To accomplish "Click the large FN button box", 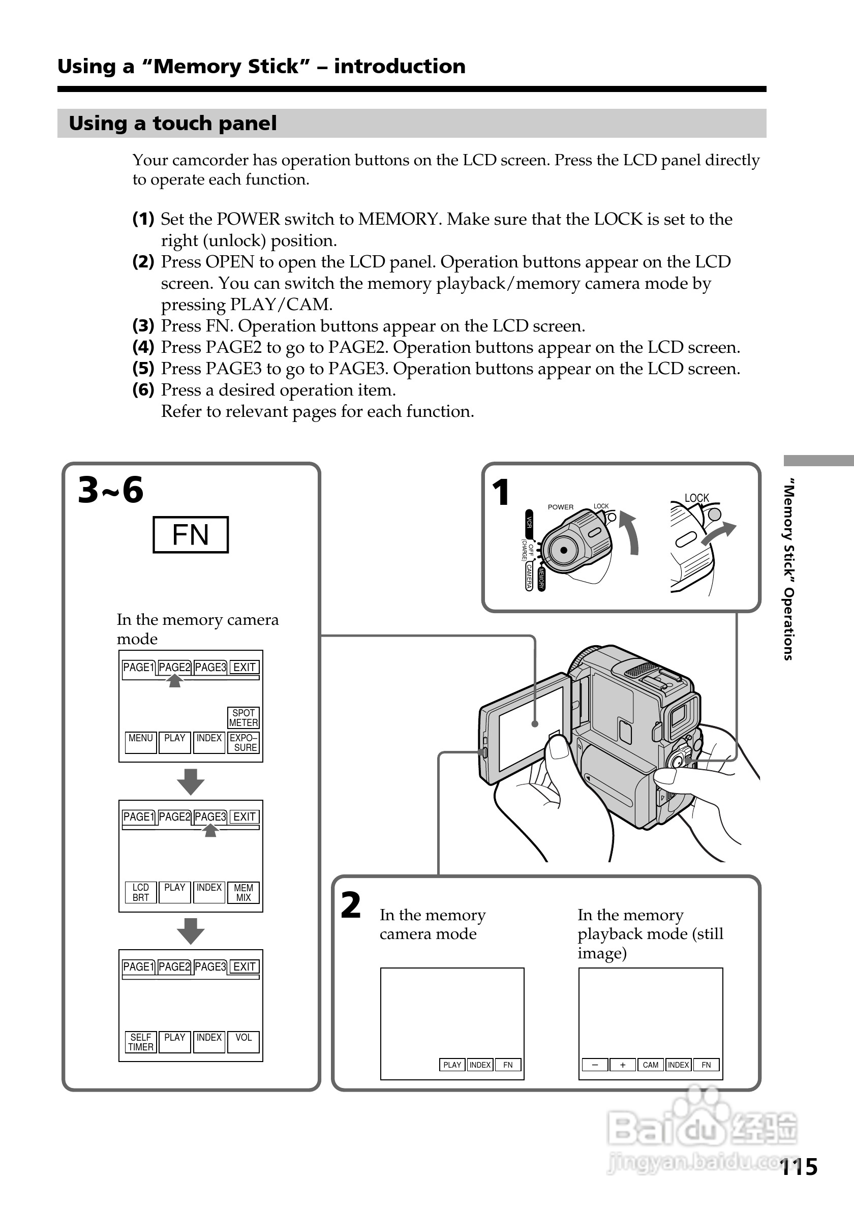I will (190, 534).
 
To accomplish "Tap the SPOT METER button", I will (243, 718).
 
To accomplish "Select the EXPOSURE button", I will (243, 743).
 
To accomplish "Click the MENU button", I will (141, 742).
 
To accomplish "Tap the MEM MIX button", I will (243, 892).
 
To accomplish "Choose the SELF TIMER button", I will (141, 1042).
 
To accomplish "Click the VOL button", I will (243, 1042).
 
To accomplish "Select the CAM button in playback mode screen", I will (651, 1065).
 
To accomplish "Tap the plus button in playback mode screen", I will (623, 1065).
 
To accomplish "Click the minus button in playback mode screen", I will (595, 1065).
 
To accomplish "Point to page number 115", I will (799, 1167).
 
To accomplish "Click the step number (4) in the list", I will (143, 347).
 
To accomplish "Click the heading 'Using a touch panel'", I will (173, 124).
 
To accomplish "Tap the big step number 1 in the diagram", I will (501, 492).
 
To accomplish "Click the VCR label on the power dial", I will (529, 522).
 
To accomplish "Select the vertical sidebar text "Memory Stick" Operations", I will (788, 569).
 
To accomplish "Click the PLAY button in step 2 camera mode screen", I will (452, 1065).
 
